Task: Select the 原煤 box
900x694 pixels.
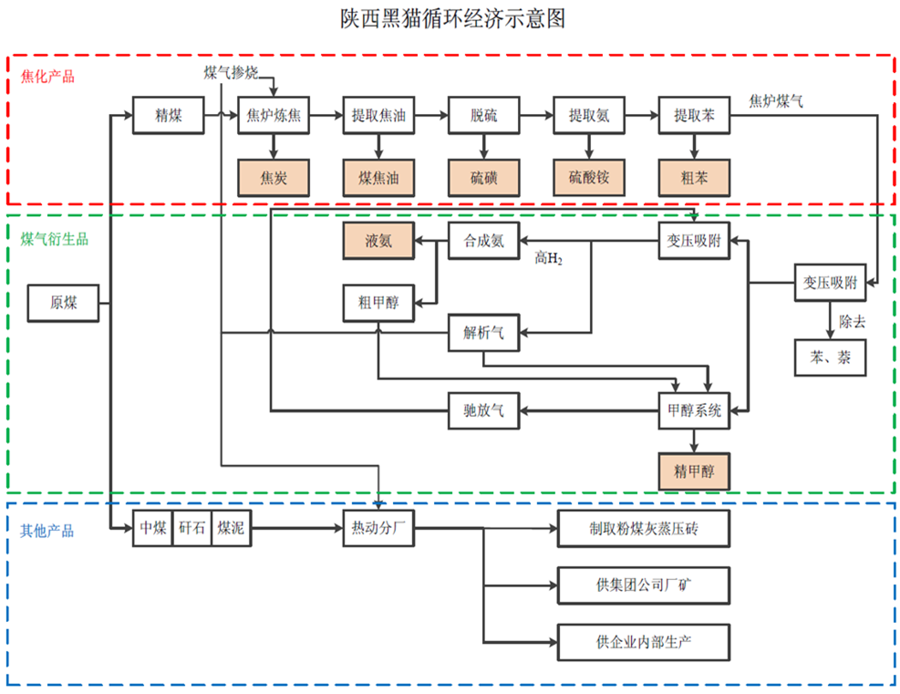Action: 63,303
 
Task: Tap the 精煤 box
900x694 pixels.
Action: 168,115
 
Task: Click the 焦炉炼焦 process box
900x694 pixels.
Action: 274,115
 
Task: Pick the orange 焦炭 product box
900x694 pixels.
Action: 274,177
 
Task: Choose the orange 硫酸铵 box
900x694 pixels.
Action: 589,177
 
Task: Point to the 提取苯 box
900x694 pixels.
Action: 694,115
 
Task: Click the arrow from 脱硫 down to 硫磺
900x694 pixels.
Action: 483,146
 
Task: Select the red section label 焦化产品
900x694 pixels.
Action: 47,77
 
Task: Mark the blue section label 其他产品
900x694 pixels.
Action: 47,531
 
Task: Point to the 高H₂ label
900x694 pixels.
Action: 548,260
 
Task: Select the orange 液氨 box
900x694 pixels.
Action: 378,242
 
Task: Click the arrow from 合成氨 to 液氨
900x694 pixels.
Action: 431,242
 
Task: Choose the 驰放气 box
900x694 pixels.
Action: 483,410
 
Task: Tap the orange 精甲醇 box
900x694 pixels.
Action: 694,471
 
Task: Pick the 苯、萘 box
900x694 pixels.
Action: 827,357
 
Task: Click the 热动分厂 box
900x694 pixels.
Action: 378,528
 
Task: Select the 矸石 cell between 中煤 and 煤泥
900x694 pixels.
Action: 191,528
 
